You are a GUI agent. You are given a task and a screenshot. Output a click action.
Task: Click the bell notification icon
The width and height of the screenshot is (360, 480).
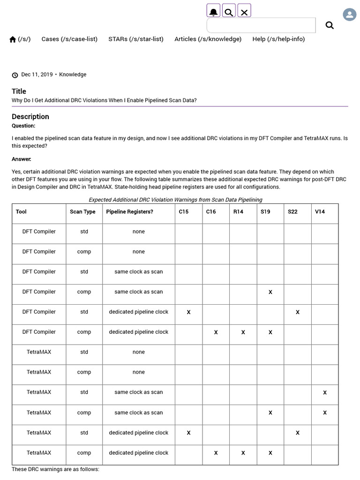coord(214,11)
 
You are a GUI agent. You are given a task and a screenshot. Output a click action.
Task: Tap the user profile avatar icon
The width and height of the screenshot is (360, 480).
coord(349,15)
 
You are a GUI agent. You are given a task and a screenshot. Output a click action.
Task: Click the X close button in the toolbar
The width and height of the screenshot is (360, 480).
coord(244,11)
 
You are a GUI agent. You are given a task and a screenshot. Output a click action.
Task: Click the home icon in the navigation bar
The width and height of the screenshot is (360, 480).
coord(13,39)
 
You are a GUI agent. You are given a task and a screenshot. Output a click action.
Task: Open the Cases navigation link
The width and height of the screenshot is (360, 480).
coord(69,39)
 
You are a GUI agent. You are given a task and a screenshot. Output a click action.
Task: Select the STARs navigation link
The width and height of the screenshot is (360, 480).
coord(136,39)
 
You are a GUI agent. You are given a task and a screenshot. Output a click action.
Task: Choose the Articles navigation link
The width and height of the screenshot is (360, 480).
coord(208,39)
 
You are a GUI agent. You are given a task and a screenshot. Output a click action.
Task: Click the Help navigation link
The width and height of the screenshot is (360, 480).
coord(278,39)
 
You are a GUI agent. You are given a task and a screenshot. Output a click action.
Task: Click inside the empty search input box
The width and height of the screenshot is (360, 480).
coord(261,25)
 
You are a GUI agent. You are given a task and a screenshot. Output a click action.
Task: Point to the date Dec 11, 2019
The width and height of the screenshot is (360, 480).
coord(37,75)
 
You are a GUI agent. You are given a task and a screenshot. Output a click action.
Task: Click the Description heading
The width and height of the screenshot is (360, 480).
coord(30,116)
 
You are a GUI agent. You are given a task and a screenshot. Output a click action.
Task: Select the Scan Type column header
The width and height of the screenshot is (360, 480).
coord(82,212)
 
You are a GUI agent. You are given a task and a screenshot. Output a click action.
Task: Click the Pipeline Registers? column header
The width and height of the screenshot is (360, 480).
coord(129,212)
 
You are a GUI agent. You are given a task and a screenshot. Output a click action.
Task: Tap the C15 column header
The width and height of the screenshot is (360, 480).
coord(184,212)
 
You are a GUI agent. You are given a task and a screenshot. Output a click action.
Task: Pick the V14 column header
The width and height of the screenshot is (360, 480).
coord(320,212)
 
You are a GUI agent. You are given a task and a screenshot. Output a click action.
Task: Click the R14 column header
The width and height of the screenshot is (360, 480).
coord(238,212)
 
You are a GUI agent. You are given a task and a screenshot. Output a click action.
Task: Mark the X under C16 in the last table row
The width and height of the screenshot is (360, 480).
coord(216,453)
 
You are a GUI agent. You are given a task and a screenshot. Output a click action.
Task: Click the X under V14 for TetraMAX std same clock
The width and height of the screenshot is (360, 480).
coord(325,392)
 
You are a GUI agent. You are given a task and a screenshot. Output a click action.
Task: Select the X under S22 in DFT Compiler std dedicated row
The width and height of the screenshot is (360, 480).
coord(298,312)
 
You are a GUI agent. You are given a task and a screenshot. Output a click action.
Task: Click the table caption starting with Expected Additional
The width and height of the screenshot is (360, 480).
coord(175,200)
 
